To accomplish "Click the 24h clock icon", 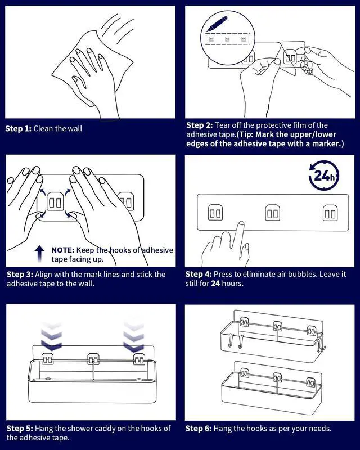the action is (323, 175).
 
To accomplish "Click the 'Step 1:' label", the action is (19, 128).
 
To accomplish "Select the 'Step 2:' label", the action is (199, 125).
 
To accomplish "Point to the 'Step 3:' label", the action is (20, 274).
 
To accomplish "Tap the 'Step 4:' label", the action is (199, 274).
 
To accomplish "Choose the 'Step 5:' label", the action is (20, 428).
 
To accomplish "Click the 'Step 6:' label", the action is (199, 428).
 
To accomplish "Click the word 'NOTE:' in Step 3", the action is (63, 249).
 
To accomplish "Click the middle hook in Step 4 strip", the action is (273, 213).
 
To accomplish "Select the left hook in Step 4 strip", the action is (215, 213).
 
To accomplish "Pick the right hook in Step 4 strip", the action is (330, 213).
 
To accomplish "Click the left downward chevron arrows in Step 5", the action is (52, 335).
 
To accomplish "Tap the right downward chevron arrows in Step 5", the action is (133, 335).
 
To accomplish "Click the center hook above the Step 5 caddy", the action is (93, 358).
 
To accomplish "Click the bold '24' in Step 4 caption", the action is (216, 283).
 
